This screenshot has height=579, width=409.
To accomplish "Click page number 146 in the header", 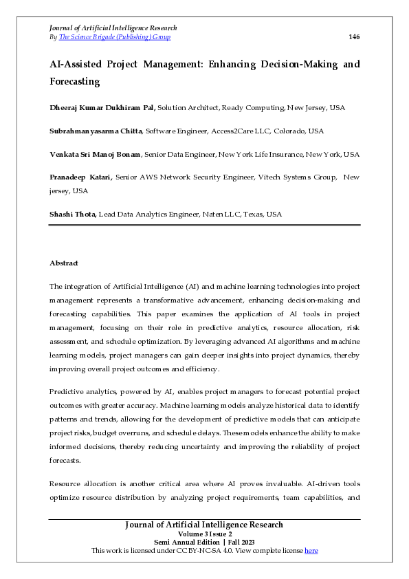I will (x=354, y=37).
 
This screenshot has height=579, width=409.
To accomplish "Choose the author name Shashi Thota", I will (x=73, y=215).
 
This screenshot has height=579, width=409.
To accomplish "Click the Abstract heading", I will (x=64, y=263).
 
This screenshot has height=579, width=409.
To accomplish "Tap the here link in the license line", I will (x=311, y=551).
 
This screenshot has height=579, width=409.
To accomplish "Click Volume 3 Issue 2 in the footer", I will (x=205, y=534).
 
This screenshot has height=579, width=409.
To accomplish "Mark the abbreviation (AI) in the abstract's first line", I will (x=187, y=286).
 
